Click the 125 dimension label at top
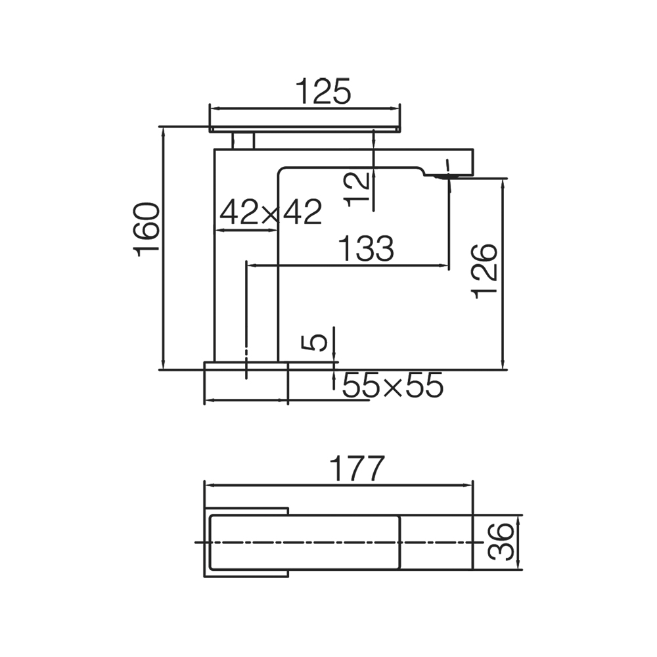tap(323, 91)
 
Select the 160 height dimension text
tap(147, 229)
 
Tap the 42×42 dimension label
tap(271, 212)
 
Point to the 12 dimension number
tap(357, 189)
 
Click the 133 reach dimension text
tap(366, 248)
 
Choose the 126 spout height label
tap(485, 271)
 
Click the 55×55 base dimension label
tap(393, 384)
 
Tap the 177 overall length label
tap(357, 468)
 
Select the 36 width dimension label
tap(501, 541)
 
